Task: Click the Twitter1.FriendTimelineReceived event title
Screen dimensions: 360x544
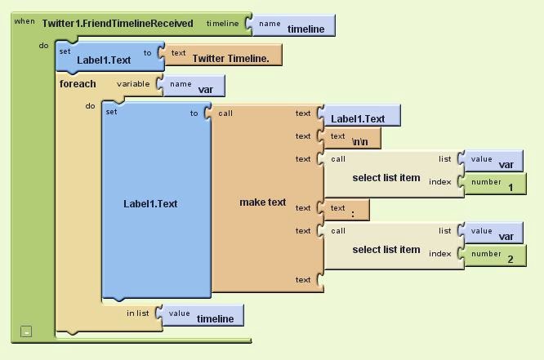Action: [x=123, y=24]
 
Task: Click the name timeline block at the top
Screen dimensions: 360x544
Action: [x=294, y=26]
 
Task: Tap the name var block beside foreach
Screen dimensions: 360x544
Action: [x=195, y=86]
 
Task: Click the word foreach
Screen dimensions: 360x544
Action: [x=78, y=83]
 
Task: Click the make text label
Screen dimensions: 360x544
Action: [x=262, y=202]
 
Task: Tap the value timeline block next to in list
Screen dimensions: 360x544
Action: [x=204, y=316]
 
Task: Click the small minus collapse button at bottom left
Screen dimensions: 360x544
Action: [x=27, y=331]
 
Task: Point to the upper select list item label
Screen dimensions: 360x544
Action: [x=386, y=178]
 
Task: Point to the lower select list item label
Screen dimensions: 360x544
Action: [x=386, y=250]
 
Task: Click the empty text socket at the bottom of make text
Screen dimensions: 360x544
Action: [x=319, y=280]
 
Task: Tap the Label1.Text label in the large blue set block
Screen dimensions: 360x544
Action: [x=150, y=203]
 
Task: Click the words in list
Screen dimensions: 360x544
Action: [x=138, y=313]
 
